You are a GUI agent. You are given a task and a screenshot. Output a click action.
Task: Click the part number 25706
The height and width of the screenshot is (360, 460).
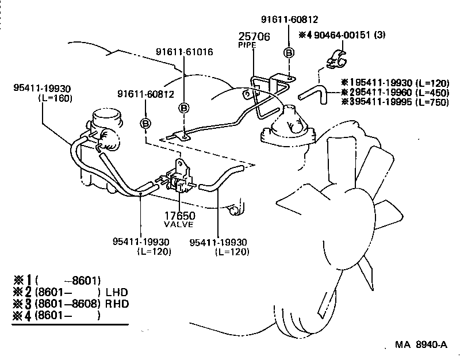pos(255,37)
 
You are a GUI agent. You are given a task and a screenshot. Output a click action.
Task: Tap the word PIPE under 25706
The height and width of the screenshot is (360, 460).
pos(246,44)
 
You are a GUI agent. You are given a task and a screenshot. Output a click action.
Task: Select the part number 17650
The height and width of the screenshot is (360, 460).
pos(180,216)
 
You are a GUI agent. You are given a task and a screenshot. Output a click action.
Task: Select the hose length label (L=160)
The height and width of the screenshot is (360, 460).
pos(55,98)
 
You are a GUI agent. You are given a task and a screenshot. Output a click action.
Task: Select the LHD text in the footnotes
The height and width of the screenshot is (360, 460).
pos(117,292)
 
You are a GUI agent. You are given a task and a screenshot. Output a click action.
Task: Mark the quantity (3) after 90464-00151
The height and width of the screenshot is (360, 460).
pos(379,35)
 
